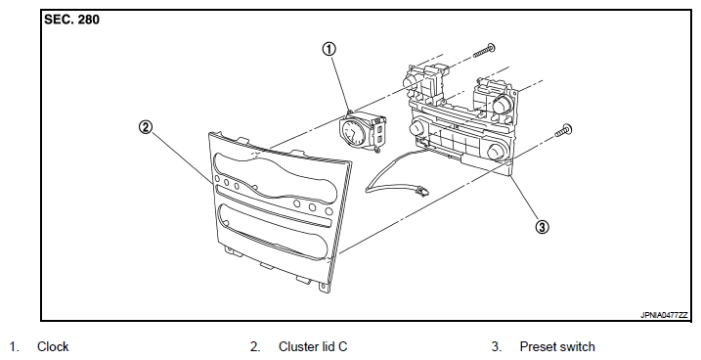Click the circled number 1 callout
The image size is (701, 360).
click(329, 49)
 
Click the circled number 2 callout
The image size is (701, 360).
click(146, 127)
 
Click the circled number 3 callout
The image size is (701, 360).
click(542, 227)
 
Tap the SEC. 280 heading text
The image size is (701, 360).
click(71, 20)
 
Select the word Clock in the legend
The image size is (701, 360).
click(53, 346)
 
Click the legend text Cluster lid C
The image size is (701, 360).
click(313, 346)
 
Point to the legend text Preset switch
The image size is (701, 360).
click(557, 346)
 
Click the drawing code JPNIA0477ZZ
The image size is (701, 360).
click(664, 315)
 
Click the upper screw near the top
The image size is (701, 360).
click(484, 51)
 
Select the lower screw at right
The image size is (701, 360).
click(563, 130)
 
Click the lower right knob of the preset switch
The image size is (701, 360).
click(496, 152)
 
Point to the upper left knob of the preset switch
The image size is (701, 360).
click(411, 80)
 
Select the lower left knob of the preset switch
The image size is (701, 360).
click(416, 129)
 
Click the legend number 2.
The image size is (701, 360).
click(255, 346)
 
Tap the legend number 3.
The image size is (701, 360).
click(497, 346)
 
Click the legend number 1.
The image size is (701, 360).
click(15, 346)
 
